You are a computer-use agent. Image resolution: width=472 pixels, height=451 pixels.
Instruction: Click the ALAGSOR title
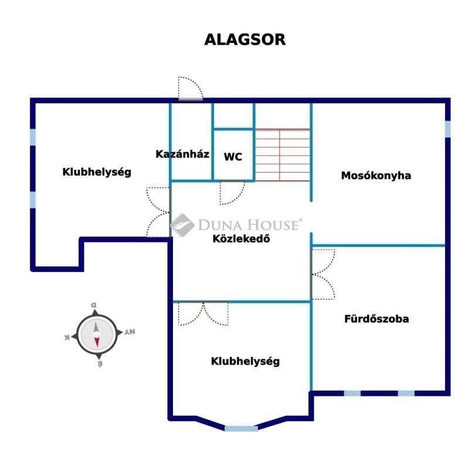pos(245,40)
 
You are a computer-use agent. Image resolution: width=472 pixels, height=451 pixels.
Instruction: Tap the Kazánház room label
pos(182,154)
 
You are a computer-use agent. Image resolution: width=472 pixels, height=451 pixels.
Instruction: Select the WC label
pos(233,157)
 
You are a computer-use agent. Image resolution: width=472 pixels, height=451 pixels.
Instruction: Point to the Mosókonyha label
pos(376,176)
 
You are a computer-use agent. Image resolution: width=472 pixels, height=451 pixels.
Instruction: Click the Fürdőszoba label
pos(376,319)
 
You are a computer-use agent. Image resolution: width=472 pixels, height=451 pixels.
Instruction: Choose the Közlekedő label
pos(242,239)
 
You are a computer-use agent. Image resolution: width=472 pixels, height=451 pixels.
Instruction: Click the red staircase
pos(283,155)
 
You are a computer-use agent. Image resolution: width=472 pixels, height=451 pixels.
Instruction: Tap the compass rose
pos(97,334)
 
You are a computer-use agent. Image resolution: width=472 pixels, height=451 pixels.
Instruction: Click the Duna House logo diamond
pos(182,225)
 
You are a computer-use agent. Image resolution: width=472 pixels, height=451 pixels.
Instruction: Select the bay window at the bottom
pos(241,428)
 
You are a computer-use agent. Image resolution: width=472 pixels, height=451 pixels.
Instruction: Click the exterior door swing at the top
pos(191,88)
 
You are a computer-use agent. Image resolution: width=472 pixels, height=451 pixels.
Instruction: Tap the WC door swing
pos(232,193)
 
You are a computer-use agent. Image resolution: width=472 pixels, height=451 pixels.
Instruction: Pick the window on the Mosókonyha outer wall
pos(447,129)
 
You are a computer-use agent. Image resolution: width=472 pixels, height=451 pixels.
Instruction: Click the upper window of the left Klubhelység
pos(33,137)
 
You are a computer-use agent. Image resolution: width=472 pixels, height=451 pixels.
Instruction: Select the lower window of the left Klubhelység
pos(33,200)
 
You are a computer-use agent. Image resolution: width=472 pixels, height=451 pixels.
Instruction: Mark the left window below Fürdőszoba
pos(352,393)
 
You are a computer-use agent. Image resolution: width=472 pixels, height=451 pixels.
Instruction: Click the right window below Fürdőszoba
pos(406,393)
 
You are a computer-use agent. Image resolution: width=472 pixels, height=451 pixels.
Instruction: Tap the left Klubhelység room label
pos(97,172)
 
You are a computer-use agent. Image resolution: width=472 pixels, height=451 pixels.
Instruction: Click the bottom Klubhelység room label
pos(245,361)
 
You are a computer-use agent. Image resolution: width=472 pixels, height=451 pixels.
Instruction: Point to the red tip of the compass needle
pos(97,346)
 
